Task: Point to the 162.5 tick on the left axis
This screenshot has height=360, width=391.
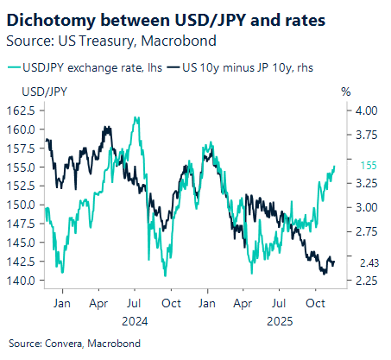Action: [x=22, y=111]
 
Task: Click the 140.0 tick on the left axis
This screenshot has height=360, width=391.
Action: [x=22, y=281]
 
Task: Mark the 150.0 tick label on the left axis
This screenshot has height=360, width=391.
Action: [x=22, y=205]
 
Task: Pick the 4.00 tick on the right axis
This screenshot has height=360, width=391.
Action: [x=366, y=111]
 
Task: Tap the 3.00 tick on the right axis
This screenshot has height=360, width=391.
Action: [x=366, y=207]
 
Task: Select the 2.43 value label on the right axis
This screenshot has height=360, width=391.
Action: [x=366, y=262]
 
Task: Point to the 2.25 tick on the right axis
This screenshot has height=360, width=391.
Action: [x=366, y=281]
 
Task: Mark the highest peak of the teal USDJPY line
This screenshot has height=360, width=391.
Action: [x=136, y=118]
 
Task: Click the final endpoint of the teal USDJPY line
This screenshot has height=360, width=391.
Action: [x=335, y=165]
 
